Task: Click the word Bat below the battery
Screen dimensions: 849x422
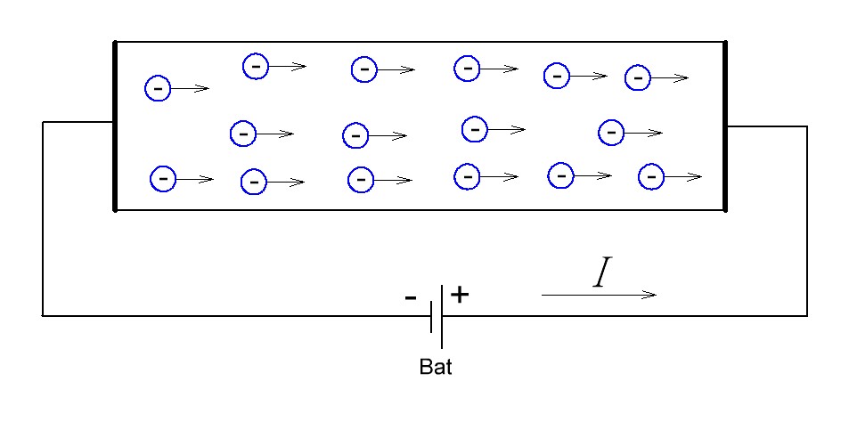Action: pyautogui.click(x=436, y=367)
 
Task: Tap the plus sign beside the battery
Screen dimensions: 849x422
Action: pyautogui.click(x=459, y=295)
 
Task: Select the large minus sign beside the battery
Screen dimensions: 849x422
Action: pyautogui.click(x=411, y=297)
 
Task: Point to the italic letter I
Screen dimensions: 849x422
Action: pyautogui.click(x=602, y=272)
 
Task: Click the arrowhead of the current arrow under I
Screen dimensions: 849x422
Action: pyautogui.click(x=649, y=295)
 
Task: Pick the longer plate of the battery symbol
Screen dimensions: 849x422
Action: pyautogui.click(x=441, y=317)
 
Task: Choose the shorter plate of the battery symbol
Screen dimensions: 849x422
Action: pyautogui.click(x=431, y=317)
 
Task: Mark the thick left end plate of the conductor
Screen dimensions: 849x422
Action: pyautogui.click(x=115, y=126)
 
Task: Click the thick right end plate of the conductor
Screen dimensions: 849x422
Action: pyautogui.click(x=725, y=126)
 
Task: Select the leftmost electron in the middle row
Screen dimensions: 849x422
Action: pyautogui.click(x=243, y=133)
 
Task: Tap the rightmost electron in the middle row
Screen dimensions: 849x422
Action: pyautogui.click(x=611, y=132)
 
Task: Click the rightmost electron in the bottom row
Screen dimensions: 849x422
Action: pyautogui.click(x=651, y=176)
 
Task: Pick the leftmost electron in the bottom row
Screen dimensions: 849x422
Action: pyautogui.click(x=163, y=179)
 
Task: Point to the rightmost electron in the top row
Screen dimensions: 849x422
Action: pyautogui.click(x=638, y=78)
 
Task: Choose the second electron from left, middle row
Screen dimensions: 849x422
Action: pyautogui.click(x=355, y=135)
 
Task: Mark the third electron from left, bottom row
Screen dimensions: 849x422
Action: pyautogui.click(x=361, y=180)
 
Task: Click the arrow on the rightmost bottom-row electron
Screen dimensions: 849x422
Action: pyautogui.click(x=683, y=176)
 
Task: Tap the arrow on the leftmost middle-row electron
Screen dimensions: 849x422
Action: pyautogui.click(x=275, y=133)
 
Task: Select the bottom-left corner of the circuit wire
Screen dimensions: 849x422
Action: pyautogui.click(x=43, y=315)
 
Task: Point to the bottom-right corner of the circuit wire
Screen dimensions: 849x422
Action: pyautogui.click(x=807, y=315)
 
